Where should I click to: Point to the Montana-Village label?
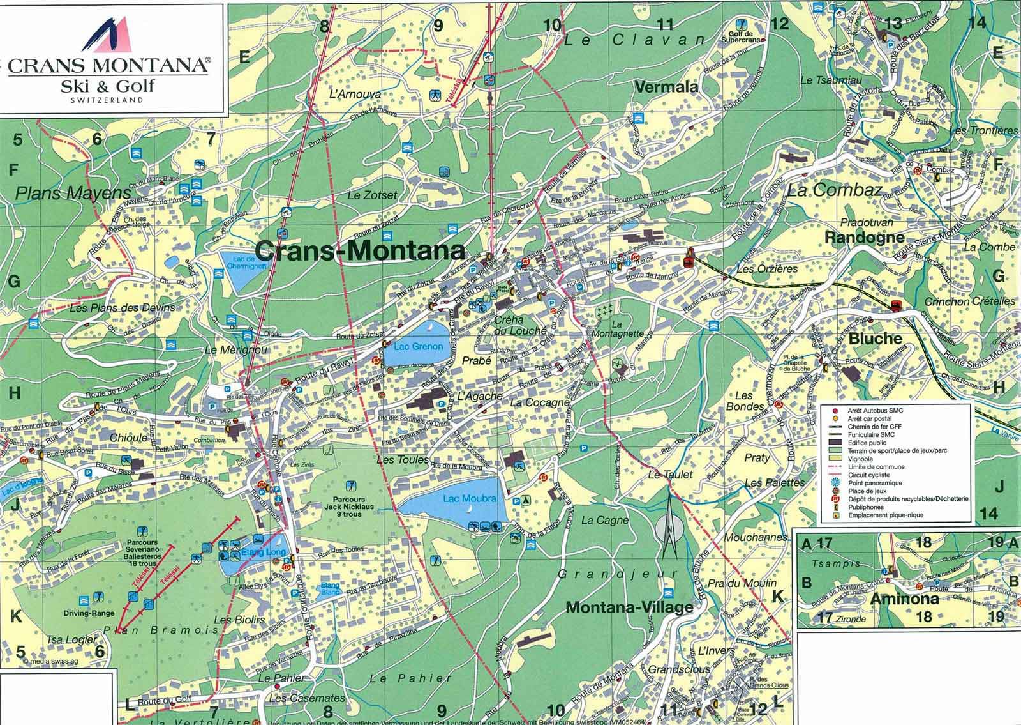tap(629, 607)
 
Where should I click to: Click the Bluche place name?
tap(875, 339)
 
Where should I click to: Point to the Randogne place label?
tap(865, 238)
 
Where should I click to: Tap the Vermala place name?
tap(666, 87)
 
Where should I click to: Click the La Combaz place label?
tap(834, 190)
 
